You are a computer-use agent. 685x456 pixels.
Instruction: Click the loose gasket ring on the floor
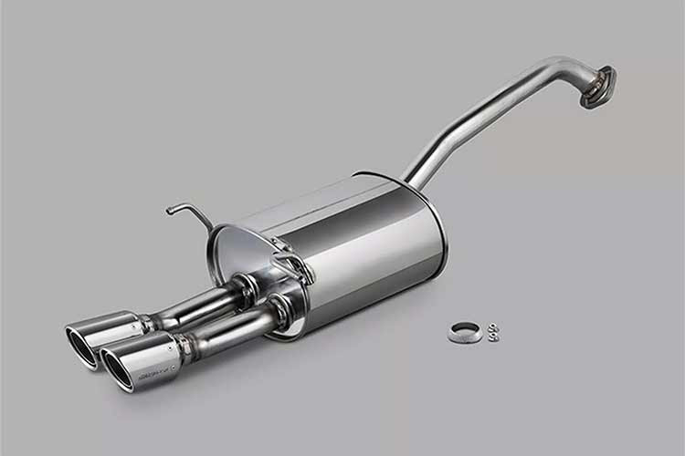coord(465,333)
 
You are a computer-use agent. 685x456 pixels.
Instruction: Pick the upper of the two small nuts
coord(493,326)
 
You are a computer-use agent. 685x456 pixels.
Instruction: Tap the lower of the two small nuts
coord(493,337)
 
